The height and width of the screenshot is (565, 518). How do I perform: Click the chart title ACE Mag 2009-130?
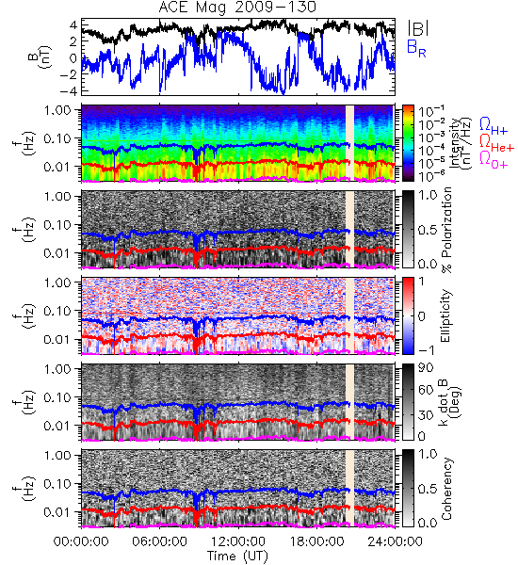[x=237, y=8]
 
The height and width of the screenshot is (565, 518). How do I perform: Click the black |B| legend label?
[x=418, y=28]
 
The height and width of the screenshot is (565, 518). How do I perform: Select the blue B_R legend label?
[x=416, y=48]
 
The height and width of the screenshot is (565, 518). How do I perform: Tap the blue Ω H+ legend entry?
[x=494, y=126]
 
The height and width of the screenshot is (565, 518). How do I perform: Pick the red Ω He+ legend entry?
[x=496, y=143]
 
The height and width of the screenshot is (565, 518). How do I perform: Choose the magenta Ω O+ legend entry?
[x=494, y=160]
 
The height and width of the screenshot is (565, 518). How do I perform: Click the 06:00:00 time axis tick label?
[x=160, y=541]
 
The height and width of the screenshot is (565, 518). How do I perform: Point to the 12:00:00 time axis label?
[x=238, y=541]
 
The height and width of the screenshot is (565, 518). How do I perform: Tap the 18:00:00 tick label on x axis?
[x=316, y=541]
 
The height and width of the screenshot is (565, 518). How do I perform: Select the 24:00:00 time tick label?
[x=395, y=541]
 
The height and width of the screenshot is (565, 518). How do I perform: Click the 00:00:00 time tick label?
[x=81, y=541]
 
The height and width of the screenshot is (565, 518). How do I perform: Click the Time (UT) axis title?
[x=238, y=557]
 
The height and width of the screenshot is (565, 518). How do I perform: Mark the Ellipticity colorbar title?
[x=446, y=316]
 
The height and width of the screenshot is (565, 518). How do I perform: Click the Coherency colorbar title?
[x=446, y=489]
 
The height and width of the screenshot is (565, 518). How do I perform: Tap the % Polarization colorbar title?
[x=446, y=230]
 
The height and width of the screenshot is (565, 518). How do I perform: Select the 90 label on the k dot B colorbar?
[x=426, y=368]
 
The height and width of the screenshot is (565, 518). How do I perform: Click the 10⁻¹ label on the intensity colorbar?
[x=427, y=112]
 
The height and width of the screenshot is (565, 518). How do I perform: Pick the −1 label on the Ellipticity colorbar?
[x=426, y=349]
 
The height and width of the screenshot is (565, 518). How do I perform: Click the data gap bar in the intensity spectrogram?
[x=349, y=143]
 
